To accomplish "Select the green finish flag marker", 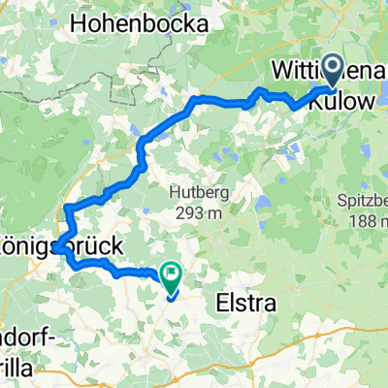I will point(172,279).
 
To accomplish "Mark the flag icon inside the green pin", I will point(172,275).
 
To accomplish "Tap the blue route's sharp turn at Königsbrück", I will point(57,248).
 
